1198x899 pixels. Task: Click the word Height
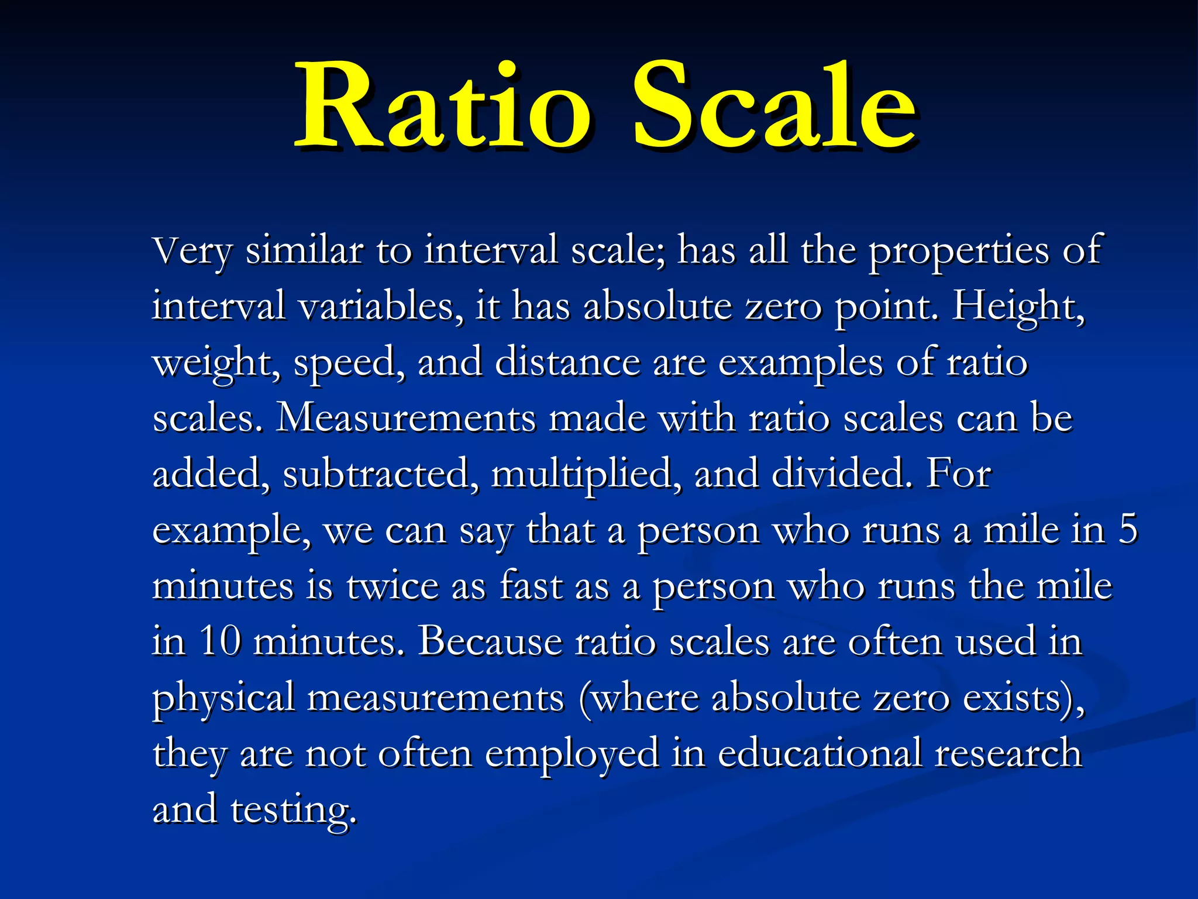(1018, 307)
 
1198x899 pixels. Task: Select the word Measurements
(405, 418)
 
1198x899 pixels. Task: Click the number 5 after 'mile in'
(1128, 530)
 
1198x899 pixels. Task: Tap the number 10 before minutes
(220, 641)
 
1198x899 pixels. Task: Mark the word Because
(490, 641)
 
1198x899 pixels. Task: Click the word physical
(223, 699)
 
